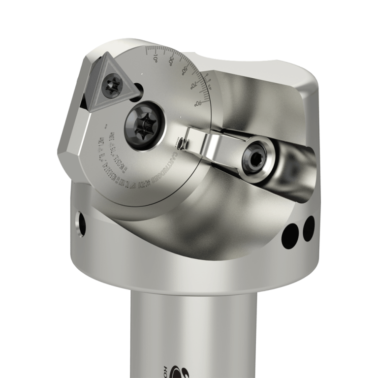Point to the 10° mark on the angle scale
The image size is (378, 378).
(154, 58)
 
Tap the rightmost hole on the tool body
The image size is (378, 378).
(309, 225)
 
